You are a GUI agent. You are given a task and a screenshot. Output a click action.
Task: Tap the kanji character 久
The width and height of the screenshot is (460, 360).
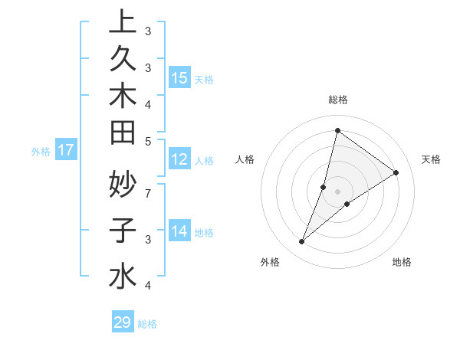123,60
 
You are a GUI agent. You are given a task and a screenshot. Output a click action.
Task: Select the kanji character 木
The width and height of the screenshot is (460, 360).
123,97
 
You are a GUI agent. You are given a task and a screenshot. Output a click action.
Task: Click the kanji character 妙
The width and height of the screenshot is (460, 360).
123,184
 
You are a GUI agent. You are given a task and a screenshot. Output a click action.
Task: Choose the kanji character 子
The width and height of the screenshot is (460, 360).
123,231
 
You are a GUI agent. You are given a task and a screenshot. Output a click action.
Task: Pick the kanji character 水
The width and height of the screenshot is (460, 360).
123,277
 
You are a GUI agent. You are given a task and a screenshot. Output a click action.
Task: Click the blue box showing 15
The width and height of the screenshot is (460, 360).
179,77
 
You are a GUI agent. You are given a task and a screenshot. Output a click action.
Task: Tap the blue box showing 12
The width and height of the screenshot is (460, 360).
179,159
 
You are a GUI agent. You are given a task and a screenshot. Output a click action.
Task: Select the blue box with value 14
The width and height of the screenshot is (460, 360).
179,231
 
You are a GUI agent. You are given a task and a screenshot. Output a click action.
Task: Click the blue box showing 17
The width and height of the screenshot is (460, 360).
66,150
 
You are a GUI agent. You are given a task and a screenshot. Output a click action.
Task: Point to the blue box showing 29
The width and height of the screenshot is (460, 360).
123,322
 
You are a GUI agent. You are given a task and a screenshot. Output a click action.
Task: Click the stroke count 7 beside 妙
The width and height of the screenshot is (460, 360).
147,192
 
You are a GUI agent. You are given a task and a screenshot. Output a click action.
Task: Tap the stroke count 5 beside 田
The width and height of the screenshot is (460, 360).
147,140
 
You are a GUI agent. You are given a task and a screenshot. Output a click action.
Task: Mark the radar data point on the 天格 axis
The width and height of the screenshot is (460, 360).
396,172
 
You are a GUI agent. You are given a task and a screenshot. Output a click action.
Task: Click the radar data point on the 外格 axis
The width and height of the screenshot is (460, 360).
302,242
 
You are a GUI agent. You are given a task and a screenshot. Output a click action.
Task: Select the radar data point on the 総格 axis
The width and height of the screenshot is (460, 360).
337,130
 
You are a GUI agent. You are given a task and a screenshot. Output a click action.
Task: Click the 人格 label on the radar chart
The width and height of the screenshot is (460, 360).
245,159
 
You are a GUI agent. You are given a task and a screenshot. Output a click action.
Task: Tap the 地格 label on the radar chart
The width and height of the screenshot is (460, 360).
402,262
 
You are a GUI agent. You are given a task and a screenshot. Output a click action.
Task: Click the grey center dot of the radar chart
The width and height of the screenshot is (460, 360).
337,191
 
